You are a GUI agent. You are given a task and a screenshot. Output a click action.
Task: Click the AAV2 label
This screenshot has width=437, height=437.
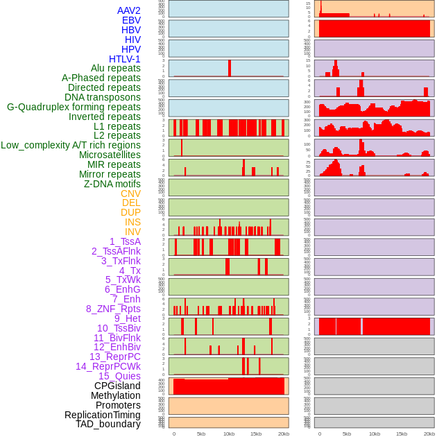[x=129, y=10]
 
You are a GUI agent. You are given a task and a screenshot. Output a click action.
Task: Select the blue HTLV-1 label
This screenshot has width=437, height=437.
[x=125, y=59]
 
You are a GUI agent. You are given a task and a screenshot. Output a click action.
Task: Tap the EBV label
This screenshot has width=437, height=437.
[x=131, y=20]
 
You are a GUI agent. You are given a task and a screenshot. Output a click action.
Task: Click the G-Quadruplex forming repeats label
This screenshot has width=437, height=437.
[x=74, y=107]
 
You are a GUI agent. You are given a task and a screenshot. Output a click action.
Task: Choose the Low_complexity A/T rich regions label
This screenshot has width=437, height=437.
[x=71, y=145]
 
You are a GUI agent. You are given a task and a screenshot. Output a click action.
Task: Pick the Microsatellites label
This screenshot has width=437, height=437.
[x=110, y=155]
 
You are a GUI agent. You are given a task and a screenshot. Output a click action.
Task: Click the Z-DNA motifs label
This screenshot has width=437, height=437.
[x=112, y=184]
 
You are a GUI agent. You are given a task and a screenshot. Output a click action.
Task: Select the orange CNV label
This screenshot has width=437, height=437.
[x=130, y=194]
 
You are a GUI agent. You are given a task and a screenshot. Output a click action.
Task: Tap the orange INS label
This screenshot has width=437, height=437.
[x=132, y=222]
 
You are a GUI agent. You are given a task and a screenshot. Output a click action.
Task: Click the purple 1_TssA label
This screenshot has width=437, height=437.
[x=125, y=241]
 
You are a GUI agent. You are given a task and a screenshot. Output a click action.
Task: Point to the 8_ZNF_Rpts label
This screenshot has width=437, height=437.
[x=113, y=309]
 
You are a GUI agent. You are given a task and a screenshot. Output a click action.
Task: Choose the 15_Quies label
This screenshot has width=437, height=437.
[x=119, y=376]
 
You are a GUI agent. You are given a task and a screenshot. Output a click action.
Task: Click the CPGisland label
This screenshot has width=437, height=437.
[x=117, y=386]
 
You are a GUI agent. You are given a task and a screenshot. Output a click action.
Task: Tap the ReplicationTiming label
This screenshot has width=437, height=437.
[x=103, y=415]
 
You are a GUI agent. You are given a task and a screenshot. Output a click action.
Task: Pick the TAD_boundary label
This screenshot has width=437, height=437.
[x=108, y=424]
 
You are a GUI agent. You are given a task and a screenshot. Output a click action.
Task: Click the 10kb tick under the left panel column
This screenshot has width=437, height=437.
[x=228, y=434]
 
